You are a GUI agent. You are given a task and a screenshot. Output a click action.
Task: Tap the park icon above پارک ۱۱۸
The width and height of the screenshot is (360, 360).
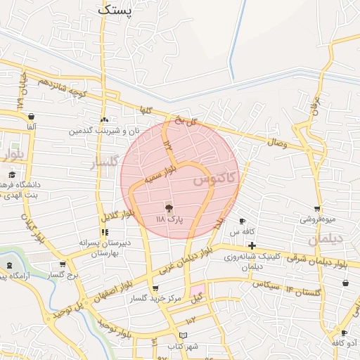click(168, 208)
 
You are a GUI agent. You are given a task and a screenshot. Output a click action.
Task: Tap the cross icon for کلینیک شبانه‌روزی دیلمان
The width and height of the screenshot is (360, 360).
click(252, 245)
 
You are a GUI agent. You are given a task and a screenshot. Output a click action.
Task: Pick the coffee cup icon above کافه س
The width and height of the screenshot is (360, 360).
click(242, 221)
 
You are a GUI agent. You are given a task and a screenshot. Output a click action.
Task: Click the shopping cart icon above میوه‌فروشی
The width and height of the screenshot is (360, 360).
click(318, 209)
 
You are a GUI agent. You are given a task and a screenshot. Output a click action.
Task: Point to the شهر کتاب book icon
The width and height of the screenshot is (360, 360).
click(184, 336)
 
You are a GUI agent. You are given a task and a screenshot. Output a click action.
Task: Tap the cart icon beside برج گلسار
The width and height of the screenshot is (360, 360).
click(63, 264)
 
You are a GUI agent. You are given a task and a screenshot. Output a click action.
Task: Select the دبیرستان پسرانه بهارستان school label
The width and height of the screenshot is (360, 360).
click(105, 247)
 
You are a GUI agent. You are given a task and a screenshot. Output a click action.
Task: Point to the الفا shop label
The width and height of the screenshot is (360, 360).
click(32, 126)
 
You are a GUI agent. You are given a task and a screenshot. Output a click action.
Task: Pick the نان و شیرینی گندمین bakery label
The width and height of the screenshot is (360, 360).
click(103, 131)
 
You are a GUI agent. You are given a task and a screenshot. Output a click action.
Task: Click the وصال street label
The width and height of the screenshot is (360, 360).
click(276, 142)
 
